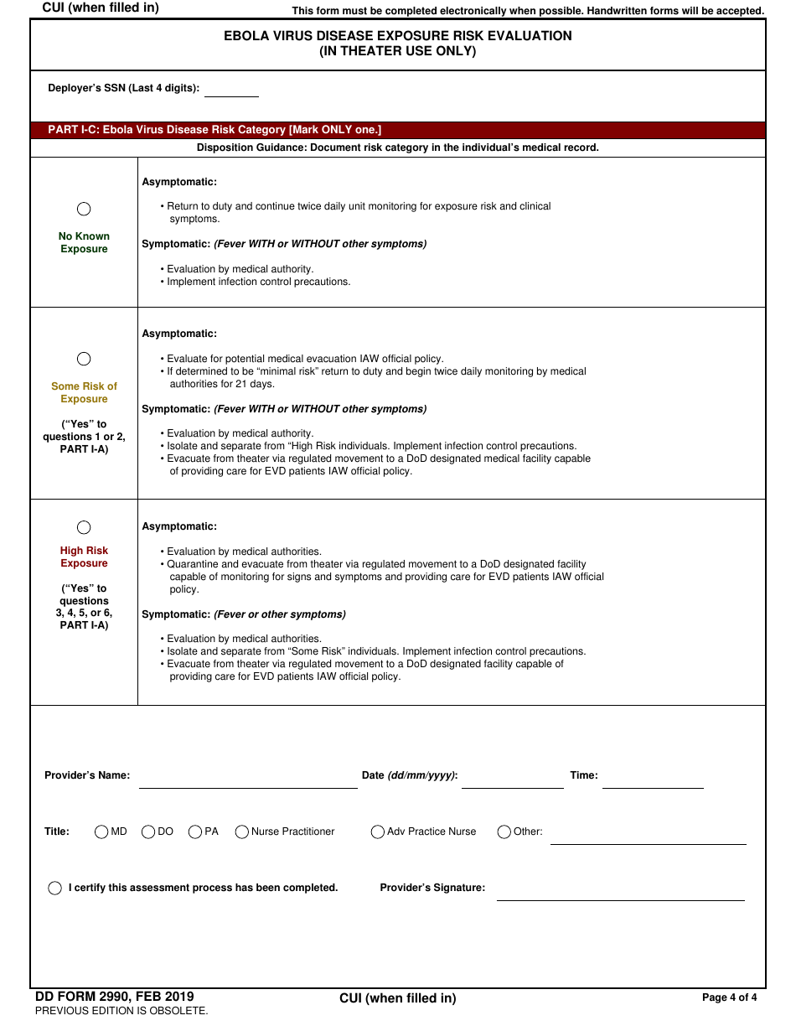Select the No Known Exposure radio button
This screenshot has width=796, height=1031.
point(84,209)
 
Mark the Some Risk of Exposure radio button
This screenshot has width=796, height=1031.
point(84,359)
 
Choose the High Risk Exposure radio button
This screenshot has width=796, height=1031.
point(84,527)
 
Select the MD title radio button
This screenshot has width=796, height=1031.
point(101,832)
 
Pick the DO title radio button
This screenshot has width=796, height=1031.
point(148,832)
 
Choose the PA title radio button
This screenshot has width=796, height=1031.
point(195,832)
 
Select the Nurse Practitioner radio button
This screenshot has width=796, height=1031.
point(242,832)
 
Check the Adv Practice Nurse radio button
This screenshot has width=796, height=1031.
point(378,832)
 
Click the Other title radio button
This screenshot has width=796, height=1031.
point(504,832)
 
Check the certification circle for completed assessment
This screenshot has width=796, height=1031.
point(55,888)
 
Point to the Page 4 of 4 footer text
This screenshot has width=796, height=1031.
point(729,997)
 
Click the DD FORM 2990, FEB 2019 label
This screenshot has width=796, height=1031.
point(115,997)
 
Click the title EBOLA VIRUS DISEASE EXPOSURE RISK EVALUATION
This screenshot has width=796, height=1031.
point(397,36)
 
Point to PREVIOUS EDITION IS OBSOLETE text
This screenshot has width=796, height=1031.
point(121,1011)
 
